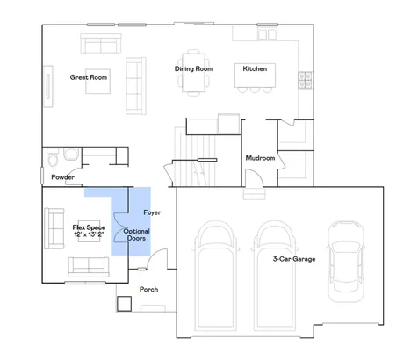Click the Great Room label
click(x=89, y=77)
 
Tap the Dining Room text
click(x=193, y=68)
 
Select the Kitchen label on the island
click(x=255, y=68)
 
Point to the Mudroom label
click(x=260, y=158)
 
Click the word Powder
click(x=62, y=177)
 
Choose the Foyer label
click(x=152, y=212)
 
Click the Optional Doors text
click(x=136, y=234)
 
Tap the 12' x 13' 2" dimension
click(x=89, y=234)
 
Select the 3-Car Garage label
click(x=294, y=259)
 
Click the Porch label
click(x=148, y=289)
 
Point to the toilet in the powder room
click(x=53, y=158)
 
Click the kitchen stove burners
click(x=305, y=80)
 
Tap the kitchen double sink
click(x=267, y=34)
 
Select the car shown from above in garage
click(x=346, y=262)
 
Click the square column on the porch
click(x=124, y=304)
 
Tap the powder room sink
click(x=71, y=154)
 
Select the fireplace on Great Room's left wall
click(x=48, y=87)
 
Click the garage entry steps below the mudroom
click(x=255, y=193)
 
